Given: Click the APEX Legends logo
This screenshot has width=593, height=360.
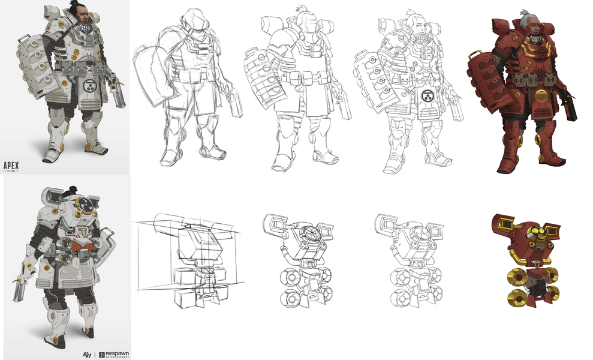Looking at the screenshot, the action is (x=11, y=166).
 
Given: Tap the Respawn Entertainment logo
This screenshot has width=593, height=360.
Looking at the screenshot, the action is (x=113, y=355).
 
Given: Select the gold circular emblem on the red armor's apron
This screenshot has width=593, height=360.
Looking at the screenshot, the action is (x=541, y=96).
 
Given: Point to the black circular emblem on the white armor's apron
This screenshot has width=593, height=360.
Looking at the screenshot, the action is (x=89, y=85).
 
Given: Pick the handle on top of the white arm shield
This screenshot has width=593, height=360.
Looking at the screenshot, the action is (x=23, y=39).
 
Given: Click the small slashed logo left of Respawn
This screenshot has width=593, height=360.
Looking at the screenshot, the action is (x=86, y=355).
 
